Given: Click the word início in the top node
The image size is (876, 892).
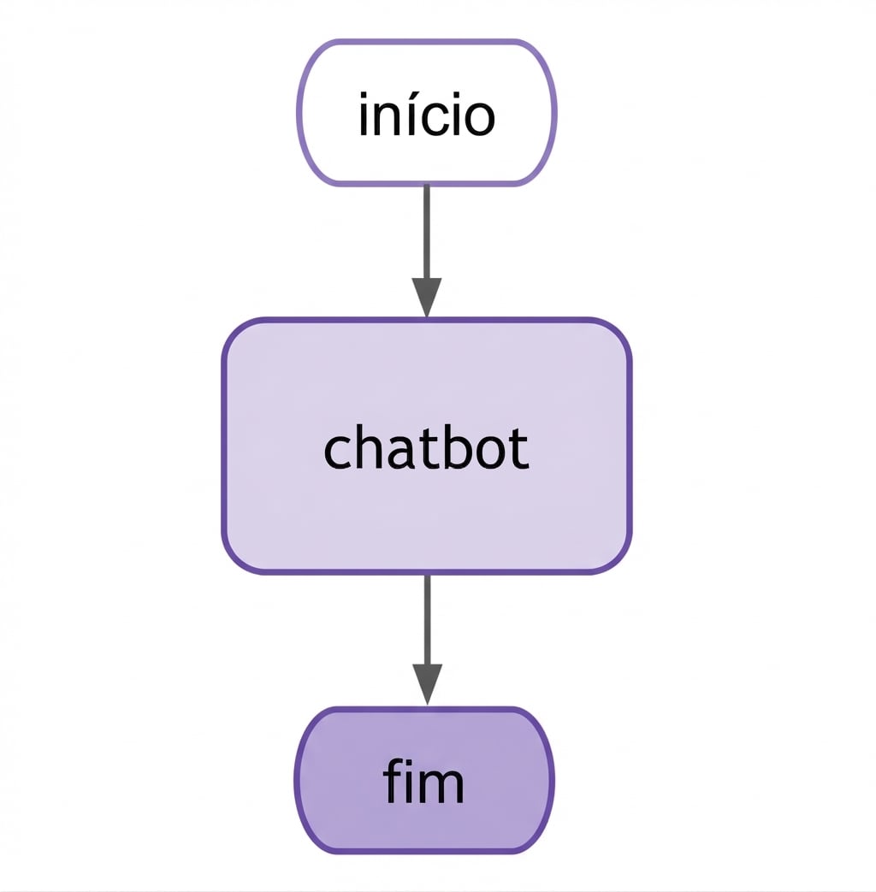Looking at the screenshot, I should click(x=426, y=115).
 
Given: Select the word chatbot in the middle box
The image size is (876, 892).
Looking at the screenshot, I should click(x=426, y=448).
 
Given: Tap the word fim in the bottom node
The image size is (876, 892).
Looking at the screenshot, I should click(x=423, y=783).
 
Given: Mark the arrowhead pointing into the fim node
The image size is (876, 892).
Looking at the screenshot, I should click(x=426, y=684).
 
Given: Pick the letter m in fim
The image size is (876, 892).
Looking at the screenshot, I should click(x=445, y=788).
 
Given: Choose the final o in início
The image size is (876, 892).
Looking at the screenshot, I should click(x=478, y=120).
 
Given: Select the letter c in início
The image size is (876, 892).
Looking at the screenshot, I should click(x=433, y=120).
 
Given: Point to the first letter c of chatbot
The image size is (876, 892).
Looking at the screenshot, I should click(x=337, y=452).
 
